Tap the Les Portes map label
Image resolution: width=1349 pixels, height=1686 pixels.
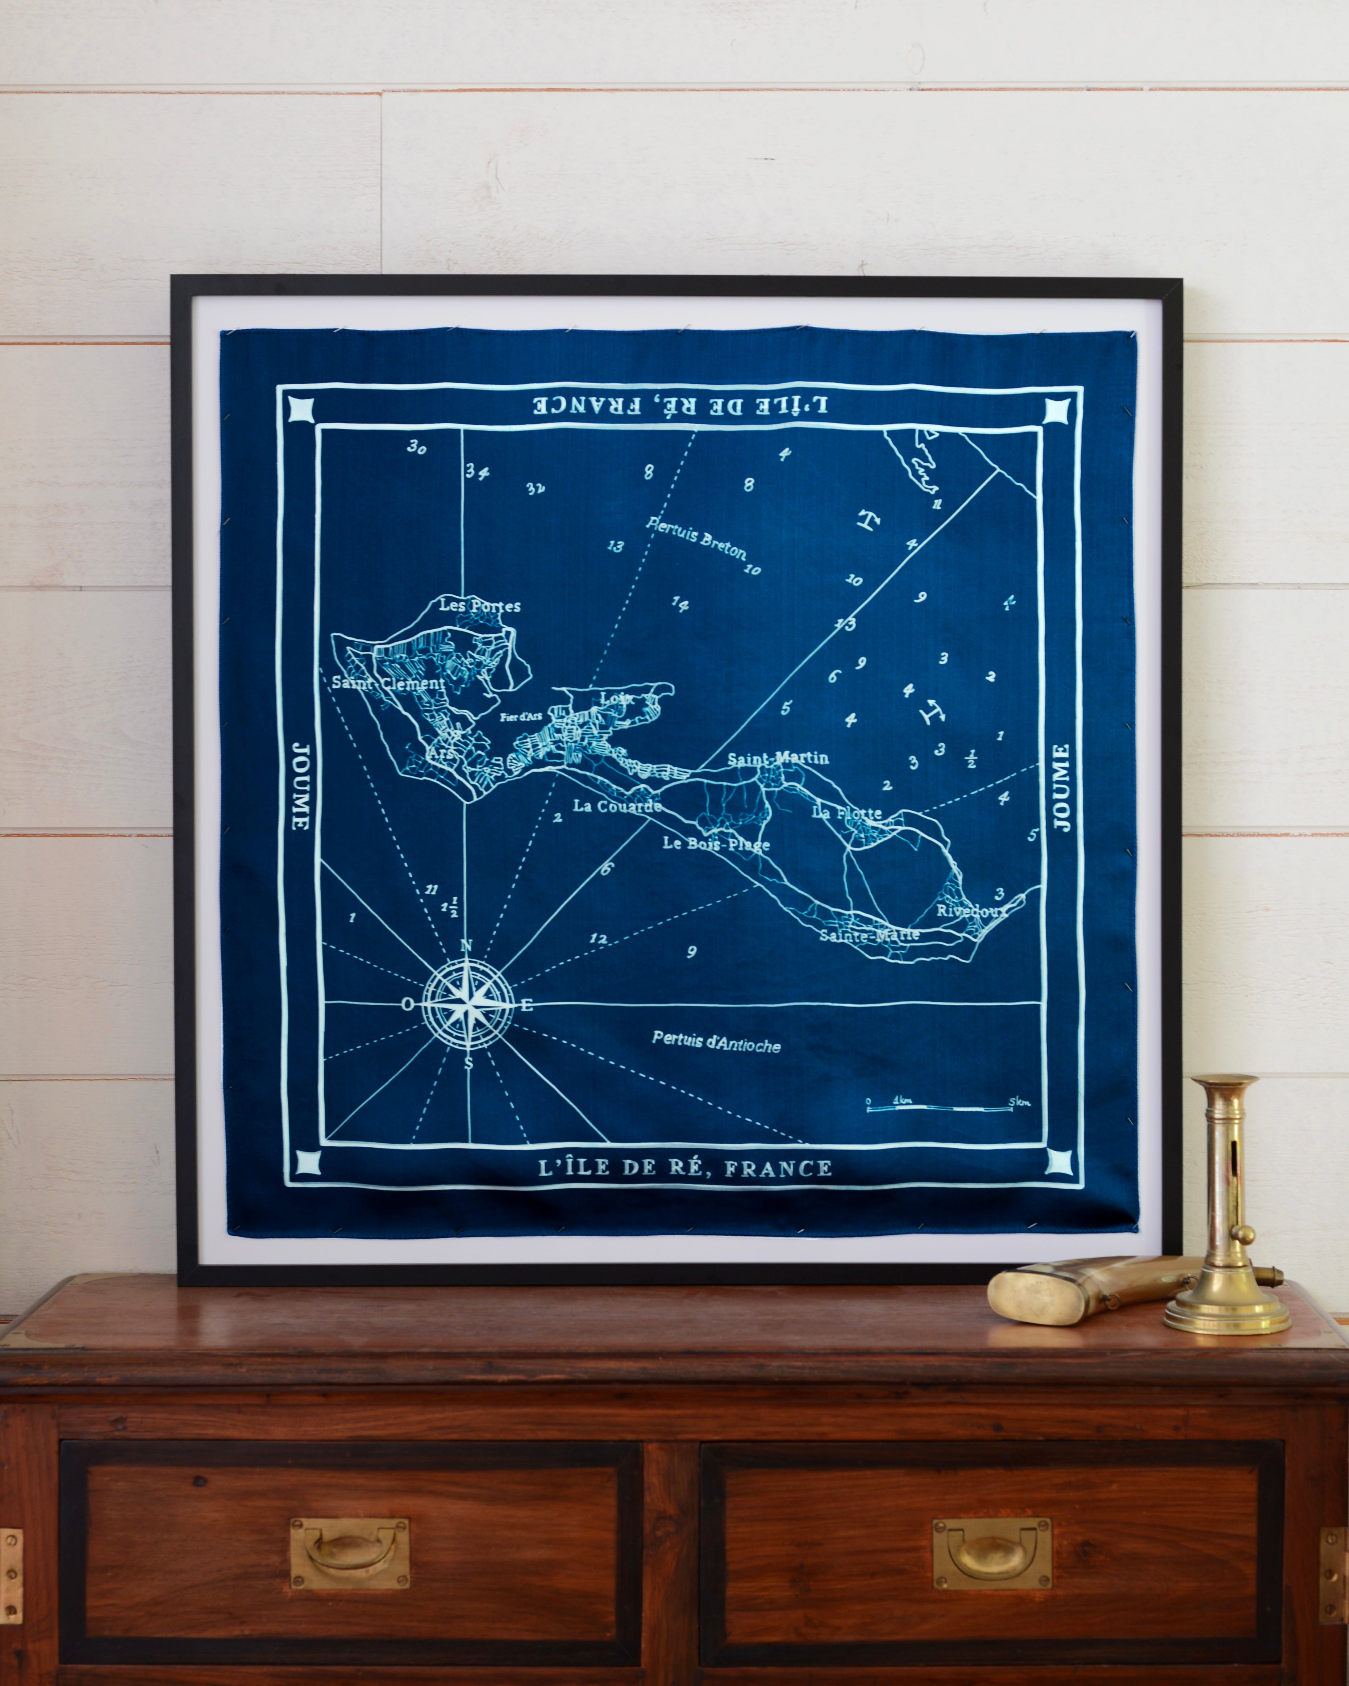[479, 605]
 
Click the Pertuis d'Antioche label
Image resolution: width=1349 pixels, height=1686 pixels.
[716, 1042]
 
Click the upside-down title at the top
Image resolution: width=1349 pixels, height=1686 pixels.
[680, 405]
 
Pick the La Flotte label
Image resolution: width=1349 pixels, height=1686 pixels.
[847, 813]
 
